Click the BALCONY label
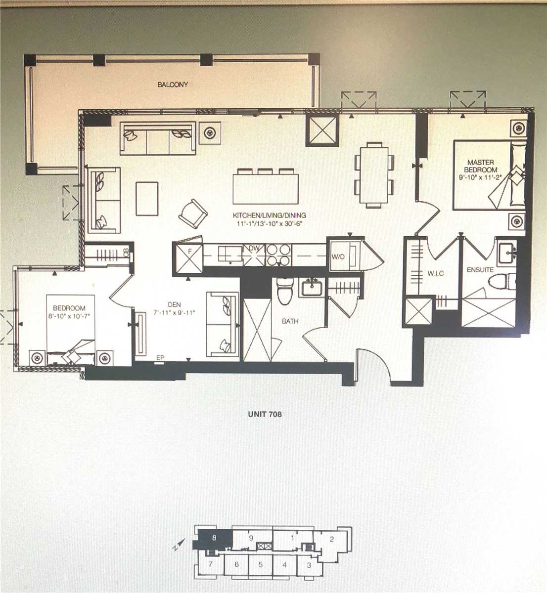point(173,85)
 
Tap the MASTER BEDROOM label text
point(480,166)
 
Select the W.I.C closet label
point(435,273)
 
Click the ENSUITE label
point(480,270)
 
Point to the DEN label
point(174,304)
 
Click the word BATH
point(290,321)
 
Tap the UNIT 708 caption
point(265,414)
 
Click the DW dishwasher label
point(254,248)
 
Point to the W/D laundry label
point(338,256)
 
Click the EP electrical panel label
point(160,358)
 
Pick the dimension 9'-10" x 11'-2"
point(480,178)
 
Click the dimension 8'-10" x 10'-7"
point(69,316)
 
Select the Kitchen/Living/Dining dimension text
point(270,224)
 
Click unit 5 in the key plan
point(261,565)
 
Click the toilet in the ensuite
point(502,281)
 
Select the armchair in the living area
point(193,213)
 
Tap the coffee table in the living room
point(147,199)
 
